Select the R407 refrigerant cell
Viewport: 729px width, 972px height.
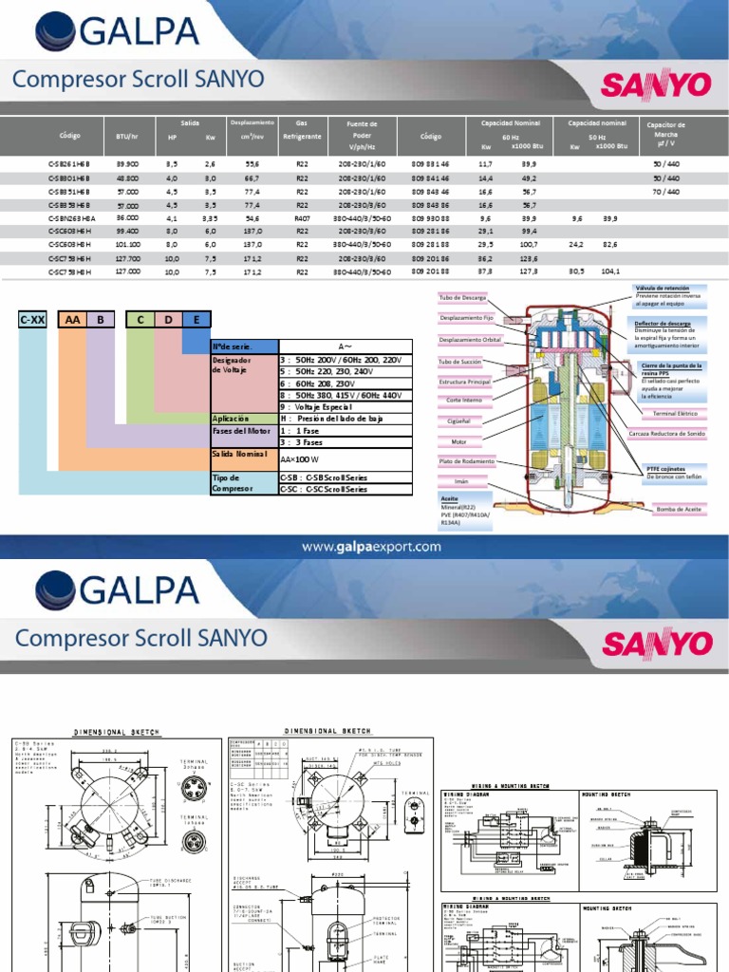(302, 217)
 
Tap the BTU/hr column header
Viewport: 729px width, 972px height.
(127, 137)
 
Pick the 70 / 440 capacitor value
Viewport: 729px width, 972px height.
(666, 191)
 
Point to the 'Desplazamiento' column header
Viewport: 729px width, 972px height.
(252, 123)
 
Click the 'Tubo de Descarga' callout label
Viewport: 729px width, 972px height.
(461, 298)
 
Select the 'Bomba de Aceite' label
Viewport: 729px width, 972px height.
(679, 509)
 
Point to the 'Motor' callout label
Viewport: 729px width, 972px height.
(459, 441)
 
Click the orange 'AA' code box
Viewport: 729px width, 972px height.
(72, 320)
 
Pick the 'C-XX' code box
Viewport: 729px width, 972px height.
(33, 320)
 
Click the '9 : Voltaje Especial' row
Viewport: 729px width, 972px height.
(324, 406)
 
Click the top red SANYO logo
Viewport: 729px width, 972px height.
(656, 85)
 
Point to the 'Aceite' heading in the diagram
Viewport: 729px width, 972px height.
(450, 497)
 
